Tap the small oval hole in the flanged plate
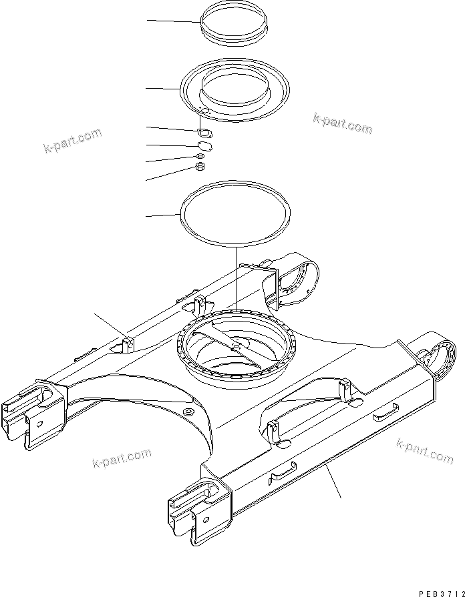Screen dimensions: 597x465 206,111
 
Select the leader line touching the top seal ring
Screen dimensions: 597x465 174,22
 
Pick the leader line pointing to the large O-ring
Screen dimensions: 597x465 162,215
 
